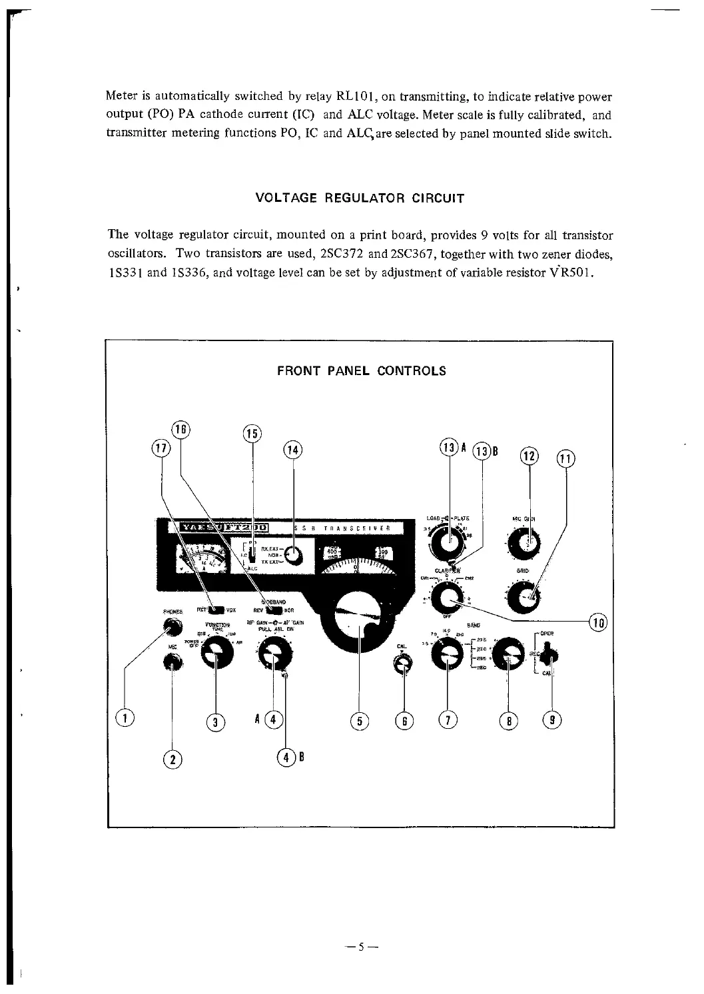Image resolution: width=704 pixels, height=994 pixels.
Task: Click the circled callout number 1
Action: [x=125, y=718]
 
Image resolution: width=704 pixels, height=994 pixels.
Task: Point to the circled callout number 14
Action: [x=292, y=450]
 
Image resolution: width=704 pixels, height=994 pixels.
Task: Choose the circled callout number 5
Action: [x=360, y=720]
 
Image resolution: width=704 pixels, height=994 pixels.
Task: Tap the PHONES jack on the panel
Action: [x=174, y=626]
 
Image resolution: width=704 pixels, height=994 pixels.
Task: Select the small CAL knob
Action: [x=402, y=663]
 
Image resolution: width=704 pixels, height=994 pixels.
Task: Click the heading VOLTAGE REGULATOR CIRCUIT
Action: [x=360, y=199]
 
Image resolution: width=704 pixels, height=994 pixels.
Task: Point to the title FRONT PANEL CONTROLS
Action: [x=362, y=371]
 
